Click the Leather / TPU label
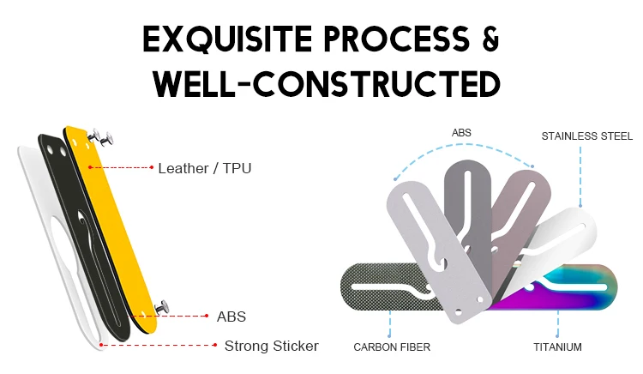[x=204, y=168]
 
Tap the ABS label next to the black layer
[x=231, y=317]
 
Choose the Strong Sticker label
[x=271, y=347]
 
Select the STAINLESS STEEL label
[x=586, y=136]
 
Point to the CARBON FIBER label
[x=391, y=347]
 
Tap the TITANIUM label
[x=557, y=347]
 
